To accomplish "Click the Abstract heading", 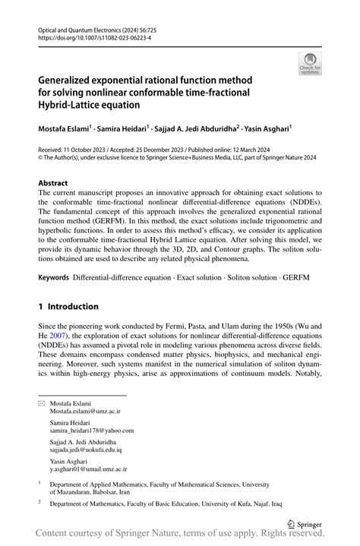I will click(x=52, y=184).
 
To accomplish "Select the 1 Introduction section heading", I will click(x=68, y=307).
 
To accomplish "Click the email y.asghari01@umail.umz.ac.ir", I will click(x=88, y=469).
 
